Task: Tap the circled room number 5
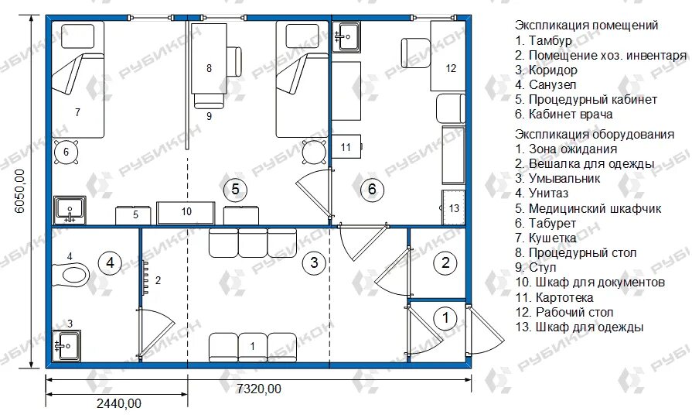pyautogui.click(x=235, y=190)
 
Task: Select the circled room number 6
pyautogui.click(x=372, y=190)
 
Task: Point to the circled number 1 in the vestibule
pyautogui.click(x=445, y=317)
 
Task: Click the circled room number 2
pyautogui.click(x=445, y=263)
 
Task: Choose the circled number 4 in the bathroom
pyautogui.click(x=110, y=263)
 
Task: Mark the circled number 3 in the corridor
pyautogui.click(x=314, y=263)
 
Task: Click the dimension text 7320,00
pyautogui.click(x=259, y=389)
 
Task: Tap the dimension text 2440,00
pyautogui.click(x=119, y=403)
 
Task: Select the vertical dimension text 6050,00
pyautogui.click(x=20, y=191)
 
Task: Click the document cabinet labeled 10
pyautogui.click(x=186, y=213)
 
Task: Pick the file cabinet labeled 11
pyautogui.click(x=346, y=147)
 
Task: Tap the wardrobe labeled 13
pyautogui.click(x=454, y=207)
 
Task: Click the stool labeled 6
pyautogui.click(x=66, y=152)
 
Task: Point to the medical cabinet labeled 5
pyautogui.click(x=133, y=215)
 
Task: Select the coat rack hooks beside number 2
pyautogui.click(x=145, y=278)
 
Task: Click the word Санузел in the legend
pyautogui.click(x=552, y=84)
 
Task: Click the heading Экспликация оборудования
pyautogui.click(x=595, y=134)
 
